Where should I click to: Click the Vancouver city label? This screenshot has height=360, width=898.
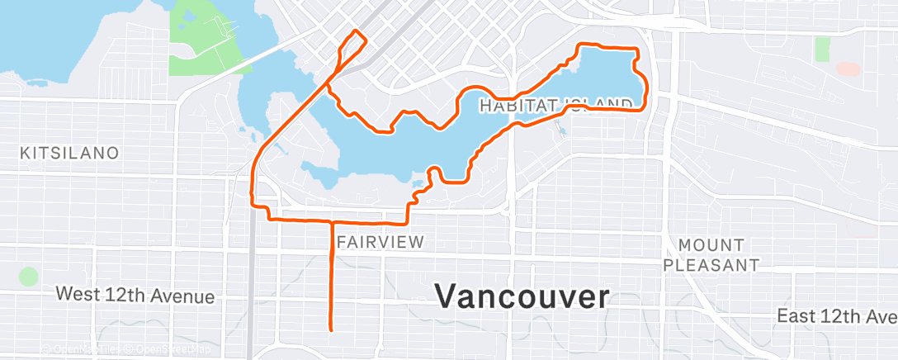(x=522, y=296)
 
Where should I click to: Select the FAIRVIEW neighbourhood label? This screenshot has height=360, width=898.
(x=380, y=242)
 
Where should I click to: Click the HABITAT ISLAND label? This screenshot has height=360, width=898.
(x=555, y=104)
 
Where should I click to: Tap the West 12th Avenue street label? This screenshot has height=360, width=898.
(x=135, y=296)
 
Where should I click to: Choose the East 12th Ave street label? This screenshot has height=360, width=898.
(x=835, y=316)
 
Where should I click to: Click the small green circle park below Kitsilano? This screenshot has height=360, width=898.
(x=29, y=277)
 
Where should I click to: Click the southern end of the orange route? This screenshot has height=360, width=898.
(x=331, y=329)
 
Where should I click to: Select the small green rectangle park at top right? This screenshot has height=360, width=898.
(x=822, y=49)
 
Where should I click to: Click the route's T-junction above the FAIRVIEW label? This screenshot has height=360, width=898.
(x=331, y=221)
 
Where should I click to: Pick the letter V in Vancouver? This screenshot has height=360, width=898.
(x=447, y=296)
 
